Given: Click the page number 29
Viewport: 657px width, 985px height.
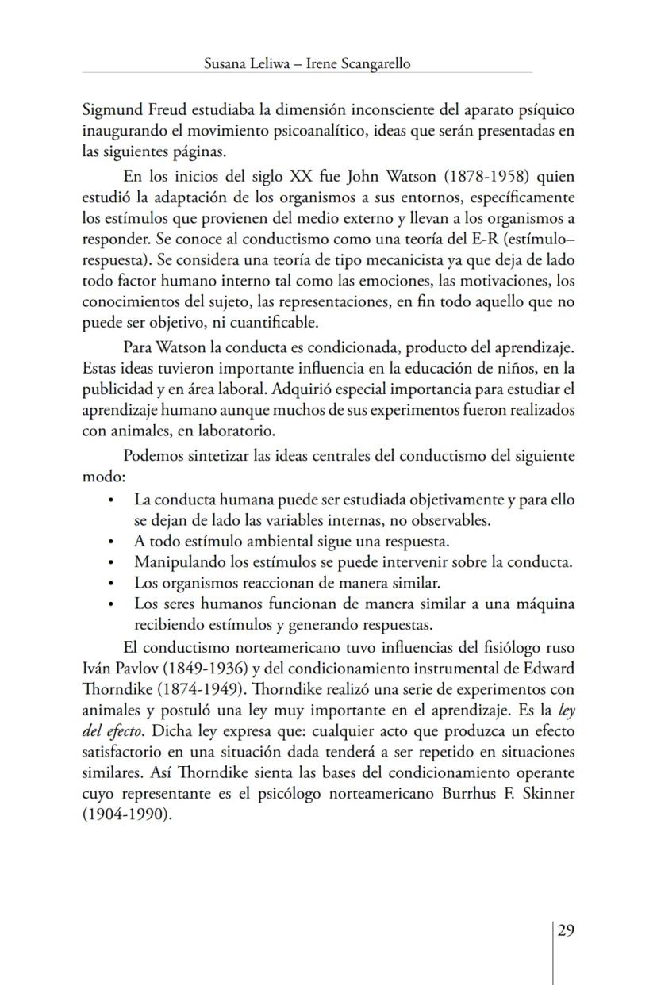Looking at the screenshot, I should coord(565,930).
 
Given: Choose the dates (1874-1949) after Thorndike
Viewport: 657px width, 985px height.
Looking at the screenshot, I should coord(189,687).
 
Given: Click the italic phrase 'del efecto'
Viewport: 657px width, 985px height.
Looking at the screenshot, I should coord(113,728).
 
